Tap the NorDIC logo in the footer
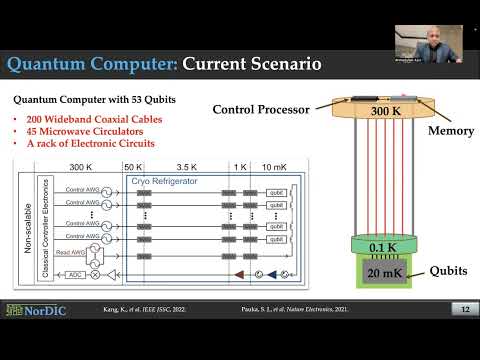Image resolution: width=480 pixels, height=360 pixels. click(33, 310)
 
